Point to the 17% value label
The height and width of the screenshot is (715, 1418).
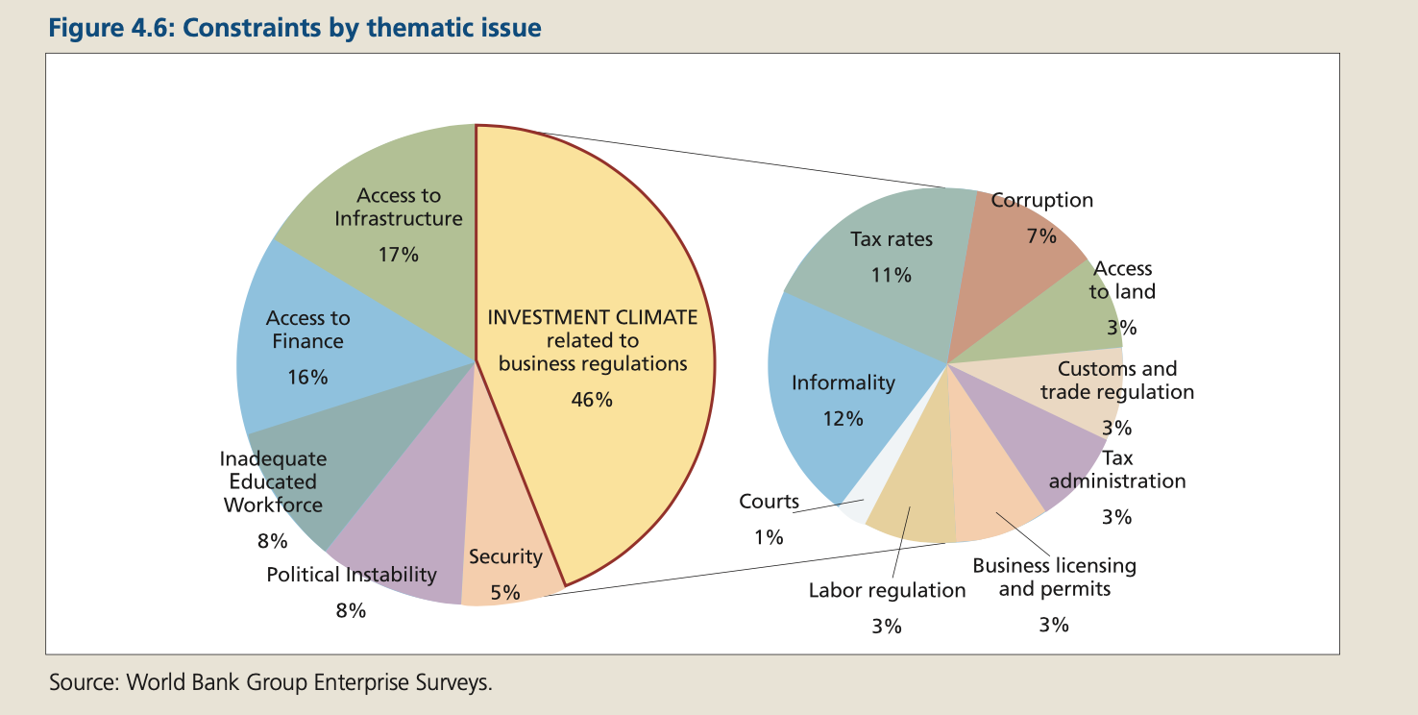(398, 256)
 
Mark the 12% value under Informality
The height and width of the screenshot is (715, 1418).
(842, 419)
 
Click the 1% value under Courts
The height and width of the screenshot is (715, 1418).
(769, 538)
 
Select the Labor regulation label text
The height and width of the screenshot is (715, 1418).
(887, 590)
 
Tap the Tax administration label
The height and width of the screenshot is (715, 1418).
(1117, 469)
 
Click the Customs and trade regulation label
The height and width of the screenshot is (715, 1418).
(1117, 381)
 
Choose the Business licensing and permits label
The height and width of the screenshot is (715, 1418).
(1054, 577)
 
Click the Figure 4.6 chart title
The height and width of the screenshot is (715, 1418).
(295, 28)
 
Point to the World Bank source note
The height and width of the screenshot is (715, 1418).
(271, 683)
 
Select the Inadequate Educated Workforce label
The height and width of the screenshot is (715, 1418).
(273, 481)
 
